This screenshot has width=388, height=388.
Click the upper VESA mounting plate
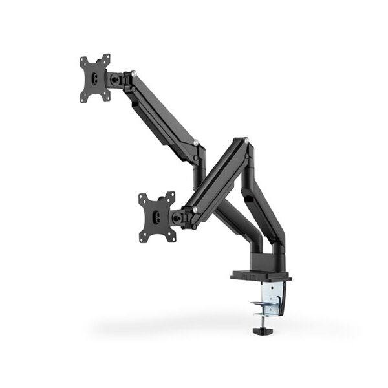(95, 78)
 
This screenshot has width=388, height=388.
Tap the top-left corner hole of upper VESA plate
(83, 61)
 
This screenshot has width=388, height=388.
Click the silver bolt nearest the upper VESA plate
(133, 73)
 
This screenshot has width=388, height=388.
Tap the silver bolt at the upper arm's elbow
(196, 143)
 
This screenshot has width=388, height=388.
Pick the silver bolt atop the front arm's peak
(244, 140)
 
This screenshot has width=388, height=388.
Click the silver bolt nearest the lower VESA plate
(195, 208)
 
